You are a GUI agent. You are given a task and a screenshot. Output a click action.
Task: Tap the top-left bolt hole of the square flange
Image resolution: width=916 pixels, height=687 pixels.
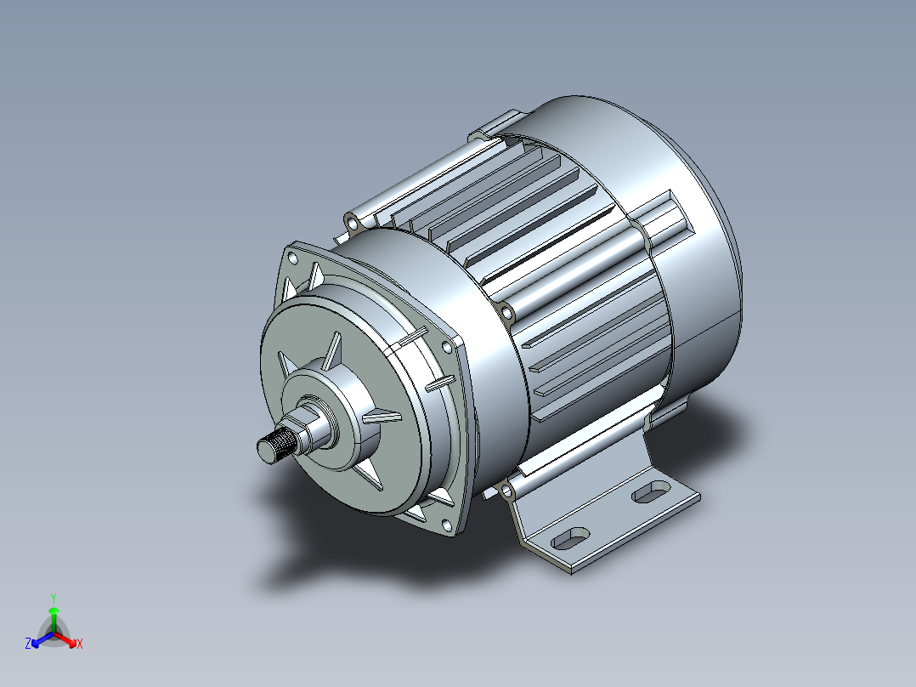click(293, 256)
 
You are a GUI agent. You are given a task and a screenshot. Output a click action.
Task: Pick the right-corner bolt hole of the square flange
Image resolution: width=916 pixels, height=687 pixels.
click(446, 346)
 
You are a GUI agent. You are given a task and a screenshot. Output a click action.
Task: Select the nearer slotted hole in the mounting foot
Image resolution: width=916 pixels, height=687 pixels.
click(571, 538)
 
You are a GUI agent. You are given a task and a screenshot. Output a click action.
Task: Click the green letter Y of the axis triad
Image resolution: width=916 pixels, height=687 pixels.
click(53, 598)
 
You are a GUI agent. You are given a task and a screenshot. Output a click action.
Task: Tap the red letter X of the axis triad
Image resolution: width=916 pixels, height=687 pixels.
click(80, 644)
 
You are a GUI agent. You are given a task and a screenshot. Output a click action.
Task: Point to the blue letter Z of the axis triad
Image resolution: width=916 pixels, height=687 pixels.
click(28, 644)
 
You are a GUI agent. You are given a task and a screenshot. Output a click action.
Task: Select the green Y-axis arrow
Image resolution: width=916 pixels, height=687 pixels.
click(53, 616)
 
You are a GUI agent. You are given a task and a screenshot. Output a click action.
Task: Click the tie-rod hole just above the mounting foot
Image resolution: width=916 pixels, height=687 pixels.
click(507, 491)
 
